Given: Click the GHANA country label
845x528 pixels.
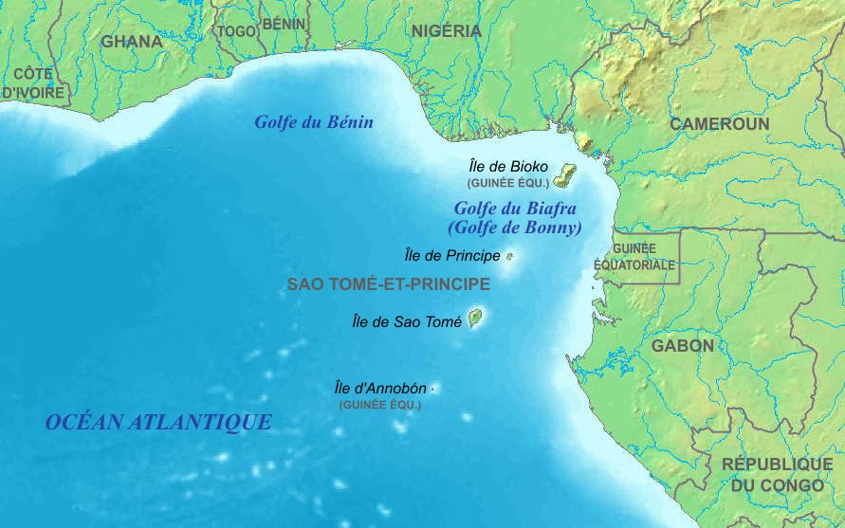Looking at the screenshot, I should [132, 42].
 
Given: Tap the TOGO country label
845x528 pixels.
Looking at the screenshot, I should [237, 31].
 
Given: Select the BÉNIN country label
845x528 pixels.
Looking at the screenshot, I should [284, 24].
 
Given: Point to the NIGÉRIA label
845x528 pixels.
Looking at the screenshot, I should [447, 31].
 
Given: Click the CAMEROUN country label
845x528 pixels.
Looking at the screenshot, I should [719, 124].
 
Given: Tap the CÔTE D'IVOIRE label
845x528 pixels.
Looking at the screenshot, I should [33, 83].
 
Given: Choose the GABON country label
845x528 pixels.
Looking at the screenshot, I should [682, 346].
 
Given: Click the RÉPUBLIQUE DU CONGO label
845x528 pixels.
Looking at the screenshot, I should [777, 474].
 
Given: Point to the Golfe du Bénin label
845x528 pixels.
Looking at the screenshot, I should [314, 122].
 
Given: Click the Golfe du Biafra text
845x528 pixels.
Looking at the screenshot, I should [515, 209].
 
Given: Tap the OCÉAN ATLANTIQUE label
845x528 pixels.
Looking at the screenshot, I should [158, 423].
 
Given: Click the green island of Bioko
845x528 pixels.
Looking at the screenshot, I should [566, 175].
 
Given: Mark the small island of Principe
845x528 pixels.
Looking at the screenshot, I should [509, 256].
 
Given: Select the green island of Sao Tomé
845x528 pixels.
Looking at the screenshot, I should [475, 318].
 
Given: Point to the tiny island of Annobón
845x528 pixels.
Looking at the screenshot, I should [434, 388].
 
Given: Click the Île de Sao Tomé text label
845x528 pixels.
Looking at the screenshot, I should [406, 322].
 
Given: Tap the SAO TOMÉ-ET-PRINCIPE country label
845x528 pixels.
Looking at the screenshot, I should [389, 284].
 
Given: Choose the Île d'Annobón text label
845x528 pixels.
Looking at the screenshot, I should [380, 388].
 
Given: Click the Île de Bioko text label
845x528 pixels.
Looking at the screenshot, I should [509, 166].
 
